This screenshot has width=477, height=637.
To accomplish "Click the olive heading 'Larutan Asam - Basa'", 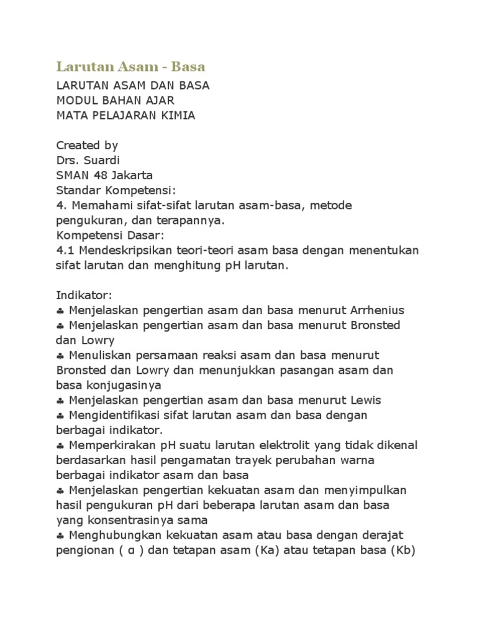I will pos(130,66).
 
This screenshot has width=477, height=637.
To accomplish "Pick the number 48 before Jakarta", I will pos(99,175).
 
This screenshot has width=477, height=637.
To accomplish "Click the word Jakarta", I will pos(132,175).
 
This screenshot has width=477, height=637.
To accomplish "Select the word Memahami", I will pos(98,205).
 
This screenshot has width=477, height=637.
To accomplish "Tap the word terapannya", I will pos(186,220).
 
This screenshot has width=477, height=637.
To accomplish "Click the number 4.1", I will pos(65,249).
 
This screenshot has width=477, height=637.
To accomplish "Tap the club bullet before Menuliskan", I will pos(60,355).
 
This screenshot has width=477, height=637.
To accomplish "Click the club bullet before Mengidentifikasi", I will pos(60,414).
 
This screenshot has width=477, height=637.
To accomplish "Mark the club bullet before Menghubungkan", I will pos(60,535).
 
